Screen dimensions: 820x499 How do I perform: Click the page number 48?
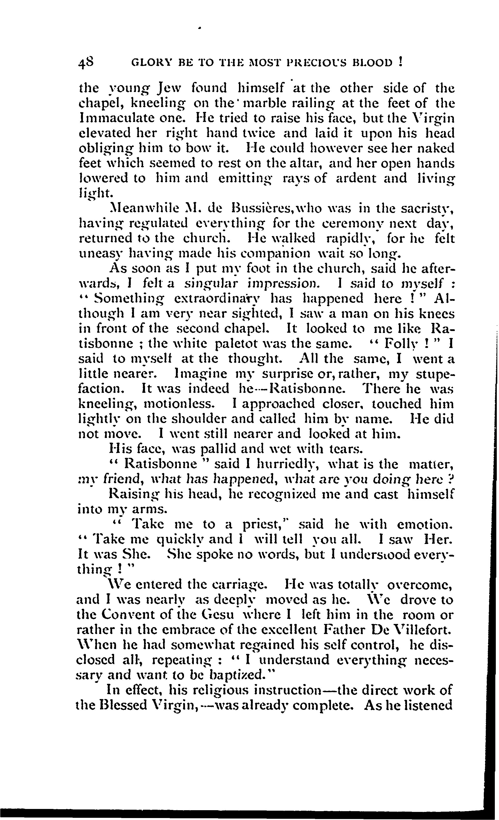coord(86,63)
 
